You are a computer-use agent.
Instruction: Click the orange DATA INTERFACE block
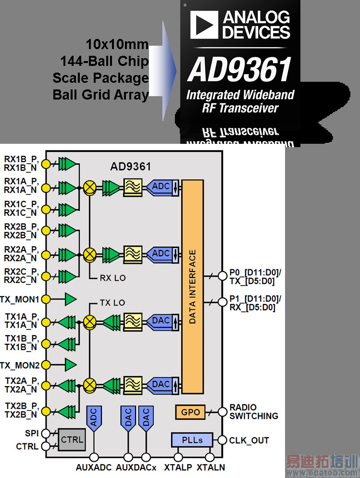192,287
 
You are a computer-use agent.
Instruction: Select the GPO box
190,412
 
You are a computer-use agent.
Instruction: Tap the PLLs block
192,440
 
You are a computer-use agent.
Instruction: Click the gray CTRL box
72,440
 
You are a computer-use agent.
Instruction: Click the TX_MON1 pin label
20,300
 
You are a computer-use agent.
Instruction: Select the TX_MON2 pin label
20,365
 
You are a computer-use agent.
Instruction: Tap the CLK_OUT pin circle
222,440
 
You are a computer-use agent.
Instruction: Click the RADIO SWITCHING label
253,412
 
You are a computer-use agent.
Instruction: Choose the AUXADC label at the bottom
94,466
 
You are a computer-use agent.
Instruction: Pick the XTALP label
178,466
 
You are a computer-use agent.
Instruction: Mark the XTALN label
210,466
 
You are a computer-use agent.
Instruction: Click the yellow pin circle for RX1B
46,164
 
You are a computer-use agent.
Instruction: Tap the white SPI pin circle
46,433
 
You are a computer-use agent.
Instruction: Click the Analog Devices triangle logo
204,25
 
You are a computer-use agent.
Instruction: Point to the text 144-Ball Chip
104,61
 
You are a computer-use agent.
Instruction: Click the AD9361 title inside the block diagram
130,167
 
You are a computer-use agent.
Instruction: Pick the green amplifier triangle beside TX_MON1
71,300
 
